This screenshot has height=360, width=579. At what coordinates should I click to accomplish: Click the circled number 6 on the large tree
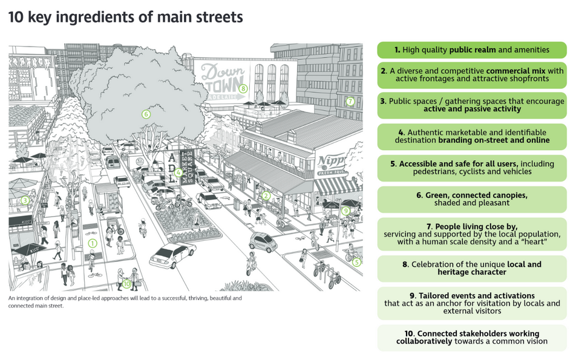(146, 113)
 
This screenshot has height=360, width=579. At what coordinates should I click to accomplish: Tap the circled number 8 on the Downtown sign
(243, 88)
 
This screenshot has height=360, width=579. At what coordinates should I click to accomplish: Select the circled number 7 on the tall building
(350, 101)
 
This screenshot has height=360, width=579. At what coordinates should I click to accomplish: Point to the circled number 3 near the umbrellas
(25, 200)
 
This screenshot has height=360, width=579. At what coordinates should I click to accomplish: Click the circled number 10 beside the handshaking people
(127, 283)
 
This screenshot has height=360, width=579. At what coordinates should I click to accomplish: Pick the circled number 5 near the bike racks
(356, 262)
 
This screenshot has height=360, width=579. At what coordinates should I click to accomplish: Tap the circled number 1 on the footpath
(93, 243)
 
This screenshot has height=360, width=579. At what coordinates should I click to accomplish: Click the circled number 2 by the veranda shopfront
(265, 195)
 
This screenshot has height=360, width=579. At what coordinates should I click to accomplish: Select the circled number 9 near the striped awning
(345, 211)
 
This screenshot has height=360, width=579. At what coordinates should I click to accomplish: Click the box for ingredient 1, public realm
(472, 50)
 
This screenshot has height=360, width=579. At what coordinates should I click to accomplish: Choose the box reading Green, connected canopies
(472, 199)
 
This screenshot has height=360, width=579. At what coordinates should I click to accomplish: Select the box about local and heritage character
(472, 269)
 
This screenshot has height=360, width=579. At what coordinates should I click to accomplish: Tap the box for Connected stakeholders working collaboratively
(472, 338)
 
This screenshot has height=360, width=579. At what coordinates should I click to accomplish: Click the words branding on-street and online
(494, 140)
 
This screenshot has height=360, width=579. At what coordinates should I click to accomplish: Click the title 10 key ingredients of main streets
(126, 17)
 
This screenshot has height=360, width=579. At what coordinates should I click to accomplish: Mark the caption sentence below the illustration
(125, 302)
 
